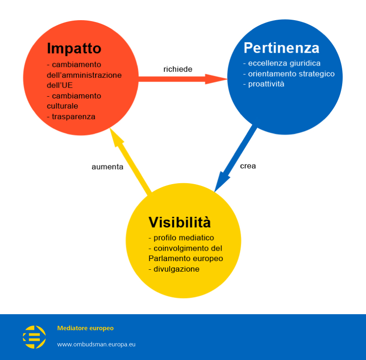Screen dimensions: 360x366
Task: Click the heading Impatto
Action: pyautogui.click(x=74, y=48)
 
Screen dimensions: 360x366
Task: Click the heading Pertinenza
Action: pyautogui.click(x=281, y=48)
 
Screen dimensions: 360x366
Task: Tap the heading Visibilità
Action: pyautogui.click(x=180, y=223)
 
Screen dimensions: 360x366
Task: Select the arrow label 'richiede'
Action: pyautogui.click(x=178, y=69)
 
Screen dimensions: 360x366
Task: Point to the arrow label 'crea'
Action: pyautogui.click(x=248, y=166)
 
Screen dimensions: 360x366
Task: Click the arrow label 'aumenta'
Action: pyautogui.click(x=108, y=167)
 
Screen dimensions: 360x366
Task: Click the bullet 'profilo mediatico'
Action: pyautogui.click(x=183, y=238)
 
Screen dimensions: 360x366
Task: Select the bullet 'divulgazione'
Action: pyautogui.click(x=176, y=269)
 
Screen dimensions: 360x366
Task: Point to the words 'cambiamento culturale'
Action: pyautogui.click(x=74, y=101)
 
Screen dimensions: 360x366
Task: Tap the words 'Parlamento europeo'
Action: pyautogui.click(x=186, y=258)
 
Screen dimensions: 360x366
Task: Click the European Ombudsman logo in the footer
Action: pyautogui.click(x=34, y=337)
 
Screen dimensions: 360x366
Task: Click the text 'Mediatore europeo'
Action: pyautogui.click(x=85, y=328)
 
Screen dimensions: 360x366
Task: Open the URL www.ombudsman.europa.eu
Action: pyautogui.click(x=96, y=344)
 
